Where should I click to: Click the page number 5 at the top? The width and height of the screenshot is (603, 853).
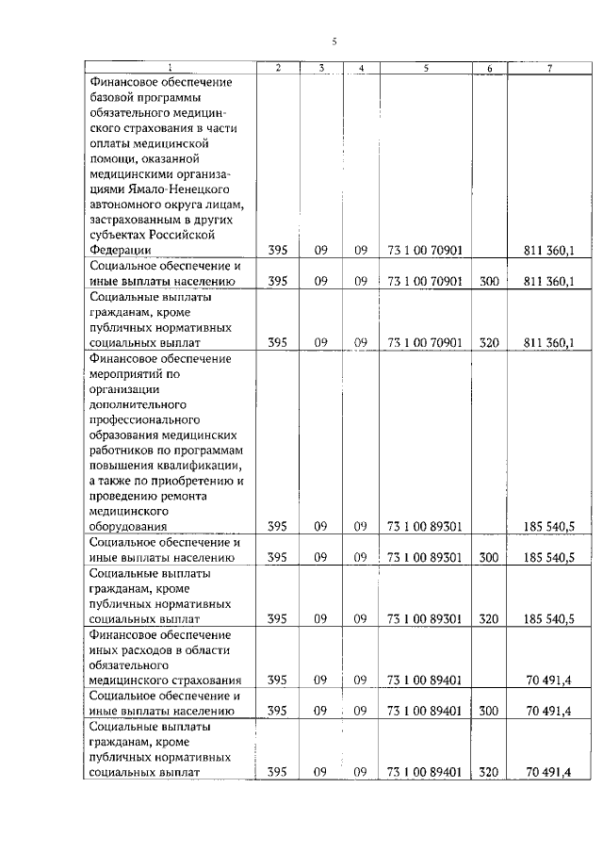click(x=334, y=41)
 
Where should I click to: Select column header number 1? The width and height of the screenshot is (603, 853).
click(x=171, y=67)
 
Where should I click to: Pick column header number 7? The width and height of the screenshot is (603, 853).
click(x=548, y=67)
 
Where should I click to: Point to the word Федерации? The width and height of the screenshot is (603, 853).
click(x=121, y=250)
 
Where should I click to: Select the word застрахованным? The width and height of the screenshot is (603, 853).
click(x=133, y=218)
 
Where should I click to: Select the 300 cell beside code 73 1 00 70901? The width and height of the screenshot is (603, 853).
click(x=488, y=281)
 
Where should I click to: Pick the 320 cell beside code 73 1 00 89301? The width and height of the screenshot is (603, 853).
click(x=488, y=619)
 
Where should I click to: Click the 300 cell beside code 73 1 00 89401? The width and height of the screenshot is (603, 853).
click(x=488, y=710)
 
